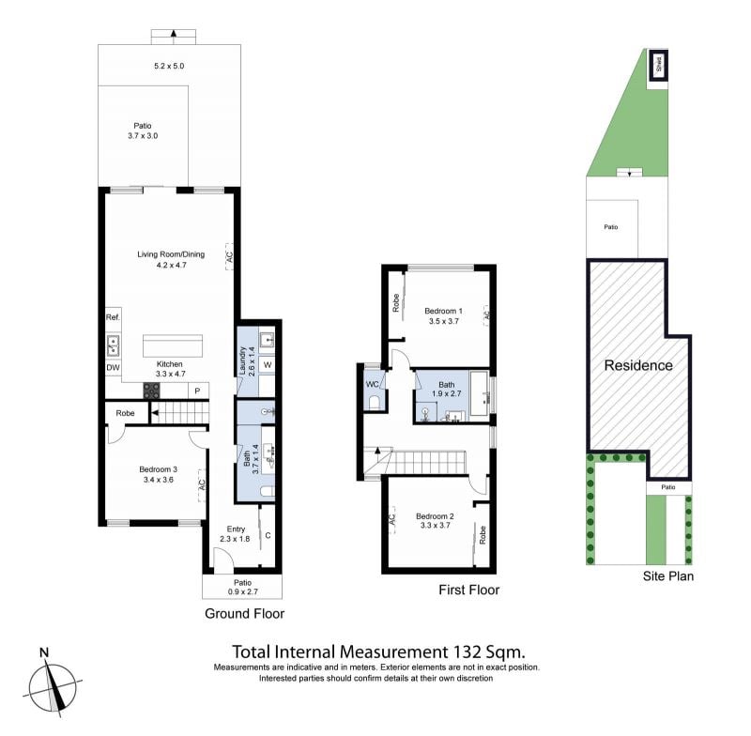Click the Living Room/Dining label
pyautogui.click(x=171, y=254)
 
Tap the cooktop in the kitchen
pyautogui.click(x=152, y=391)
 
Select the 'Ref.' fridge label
pyautogui.click(x=113, y=317)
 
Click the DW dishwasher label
pyautogui.click(x=113, y=368)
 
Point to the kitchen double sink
pyautogui.click(x=113, y=345)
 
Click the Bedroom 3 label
pyautogui.click(x=158, y=469)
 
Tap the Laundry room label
pyautogui.click(x=242, y=360)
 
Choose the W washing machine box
pyautogui.click(x=268, y=365)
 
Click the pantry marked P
pyautogui.click(x=198, y=391)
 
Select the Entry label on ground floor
pyautogui.click(x=236, y=529)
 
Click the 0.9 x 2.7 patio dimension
pyautogui.click(x=243, y=591)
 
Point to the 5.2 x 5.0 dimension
pyautogui.click(x=169, y=66)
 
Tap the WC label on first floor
pyautogui.click(x=372, y=384)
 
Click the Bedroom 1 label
pyautogui.click(x=443, y=311)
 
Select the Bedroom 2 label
pyautogui.click(x=435, y=516)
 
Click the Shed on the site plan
pyautogui.click(x=659, y=65)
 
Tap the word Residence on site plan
pyautogui.click(x=638, y=365)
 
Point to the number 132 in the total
pyautogui.click(x=466, y=652)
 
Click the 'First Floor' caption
pyautogui.click(x=468, y=590)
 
